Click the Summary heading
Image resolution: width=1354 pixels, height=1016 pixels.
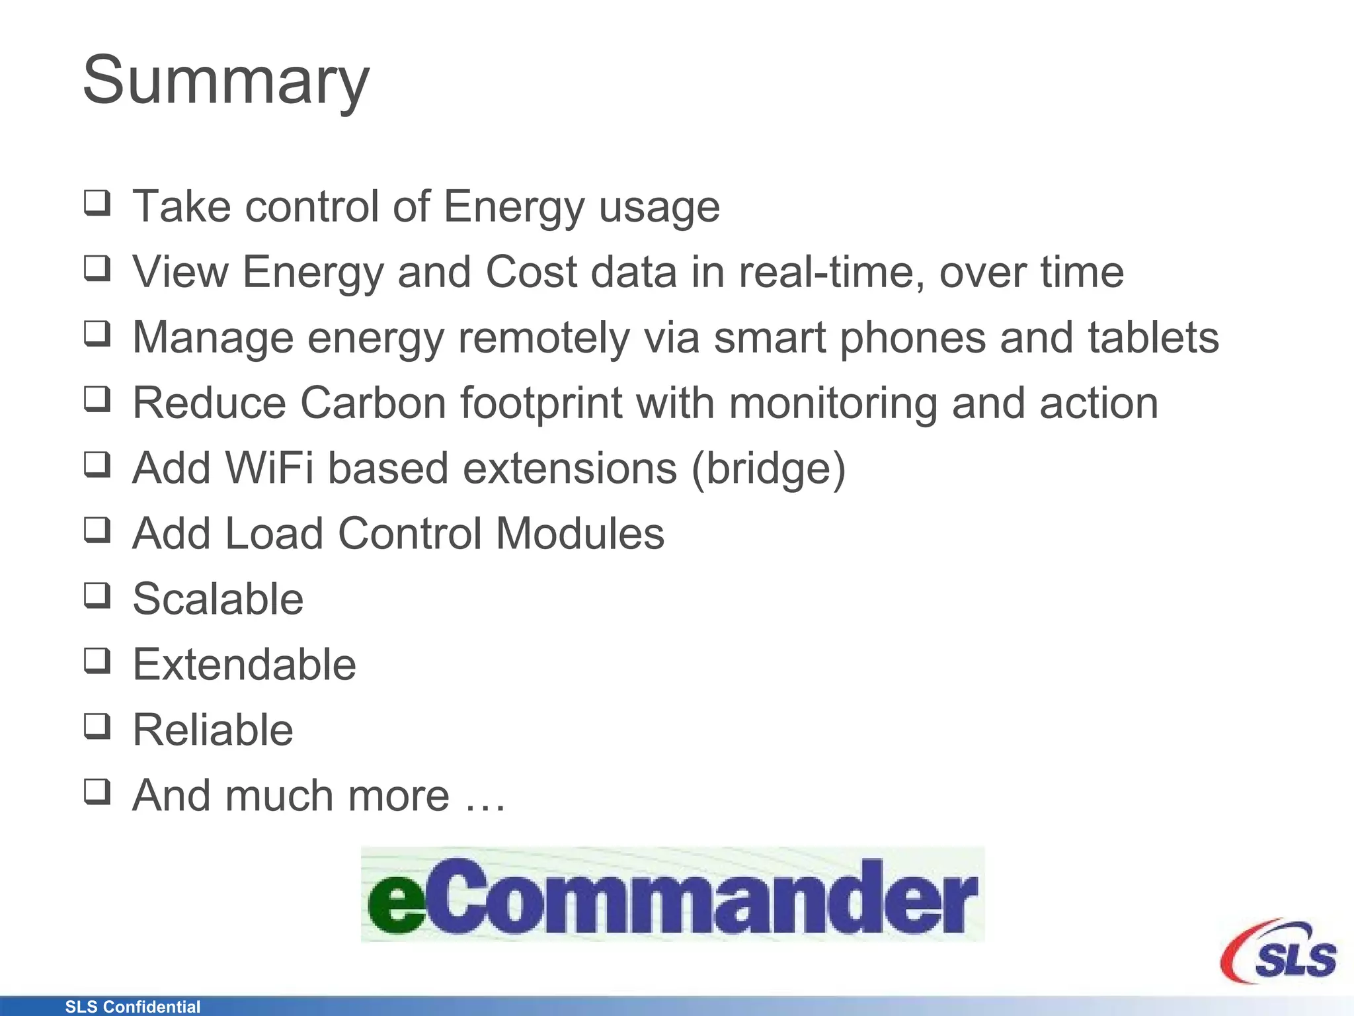[x=225, y=81]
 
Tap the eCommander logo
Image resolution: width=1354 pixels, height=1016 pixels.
[x=672, y=894]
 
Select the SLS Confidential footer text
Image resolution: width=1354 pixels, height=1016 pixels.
[x=132, y=1007]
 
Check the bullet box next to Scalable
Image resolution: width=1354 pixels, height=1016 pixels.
[x=97, y=595]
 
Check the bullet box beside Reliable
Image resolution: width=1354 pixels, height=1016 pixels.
[x=97, y=726]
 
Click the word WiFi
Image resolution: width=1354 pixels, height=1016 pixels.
[x=269, y=468]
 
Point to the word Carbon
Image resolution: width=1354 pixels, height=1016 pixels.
[x=373, y=403]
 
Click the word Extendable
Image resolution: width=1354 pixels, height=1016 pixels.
[x=244, y=664]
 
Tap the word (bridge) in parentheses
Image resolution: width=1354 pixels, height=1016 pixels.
[x=768, y=468]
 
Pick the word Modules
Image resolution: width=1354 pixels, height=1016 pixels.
[x=580, y=533]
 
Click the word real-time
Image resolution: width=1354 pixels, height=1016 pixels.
[x=831, y=272]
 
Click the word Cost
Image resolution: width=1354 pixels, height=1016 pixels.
[x=532, y=272]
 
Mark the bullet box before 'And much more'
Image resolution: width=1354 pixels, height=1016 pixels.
[x=97, y=791]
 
